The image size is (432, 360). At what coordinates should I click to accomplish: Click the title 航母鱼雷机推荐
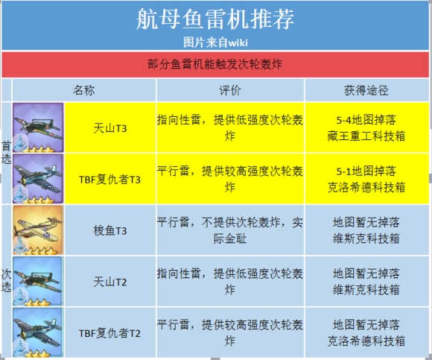pyautogui.click(x=215, y=19)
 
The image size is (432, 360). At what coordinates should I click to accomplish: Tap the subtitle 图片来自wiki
pyautogui.click(x=215, y=42)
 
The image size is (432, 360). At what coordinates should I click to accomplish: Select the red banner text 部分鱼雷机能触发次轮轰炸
pyautogui.click(x=215, y=64)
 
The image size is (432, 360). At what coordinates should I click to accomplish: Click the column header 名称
pyautogui.click(x=83, y=90)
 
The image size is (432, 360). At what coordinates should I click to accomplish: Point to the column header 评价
pyautogui.click(x=230, y=90)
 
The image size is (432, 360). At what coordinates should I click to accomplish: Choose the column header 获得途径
pyautogui.click(x=366, y=90)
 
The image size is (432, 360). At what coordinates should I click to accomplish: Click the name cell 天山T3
pyautogui.click(x=110, y=128)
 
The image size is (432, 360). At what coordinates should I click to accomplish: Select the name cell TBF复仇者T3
pyautogui.click(x=109, y=180)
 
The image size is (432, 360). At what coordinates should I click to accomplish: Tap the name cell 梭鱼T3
pyautogui.click(x=110, y=231)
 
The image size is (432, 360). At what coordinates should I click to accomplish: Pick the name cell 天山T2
pyautogui.click(x=110, y=282)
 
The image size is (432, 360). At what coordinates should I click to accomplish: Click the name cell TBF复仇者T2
pyautogui.click(x=109, y=333)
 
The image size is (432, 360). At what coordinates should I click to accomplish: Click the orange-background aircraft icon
pyautogui.click(x=38, y=230)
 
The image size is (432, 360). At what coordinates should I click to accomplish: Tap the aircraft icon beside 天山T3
pyautogui.click(x=38, y=127)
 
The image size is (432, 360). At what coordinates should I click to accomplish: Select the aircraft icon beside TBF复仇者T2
pyautogui.click(x=38, y=332)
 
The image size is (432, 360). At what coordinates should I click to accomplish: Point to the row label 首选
pyautogui.click(x=6, y=153)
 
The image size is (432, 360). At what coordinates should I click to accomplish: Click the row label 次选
pyautogui.click(x=6, y=280)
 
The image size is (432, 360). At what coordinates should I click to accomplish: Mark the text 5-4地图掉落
pyautogui.click(x=366, y=120)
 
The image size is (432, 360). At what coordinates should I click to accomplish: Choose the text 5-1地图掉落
pyautogui.click(x=366, y=171)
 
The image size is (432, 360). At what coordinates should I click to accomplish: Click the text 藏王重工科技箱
pyautogui.click(x=366, y=136)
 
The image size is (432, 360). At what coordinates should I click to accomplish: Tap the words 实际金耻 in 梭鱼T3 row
pyautogui.click(x=230, y=239)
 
